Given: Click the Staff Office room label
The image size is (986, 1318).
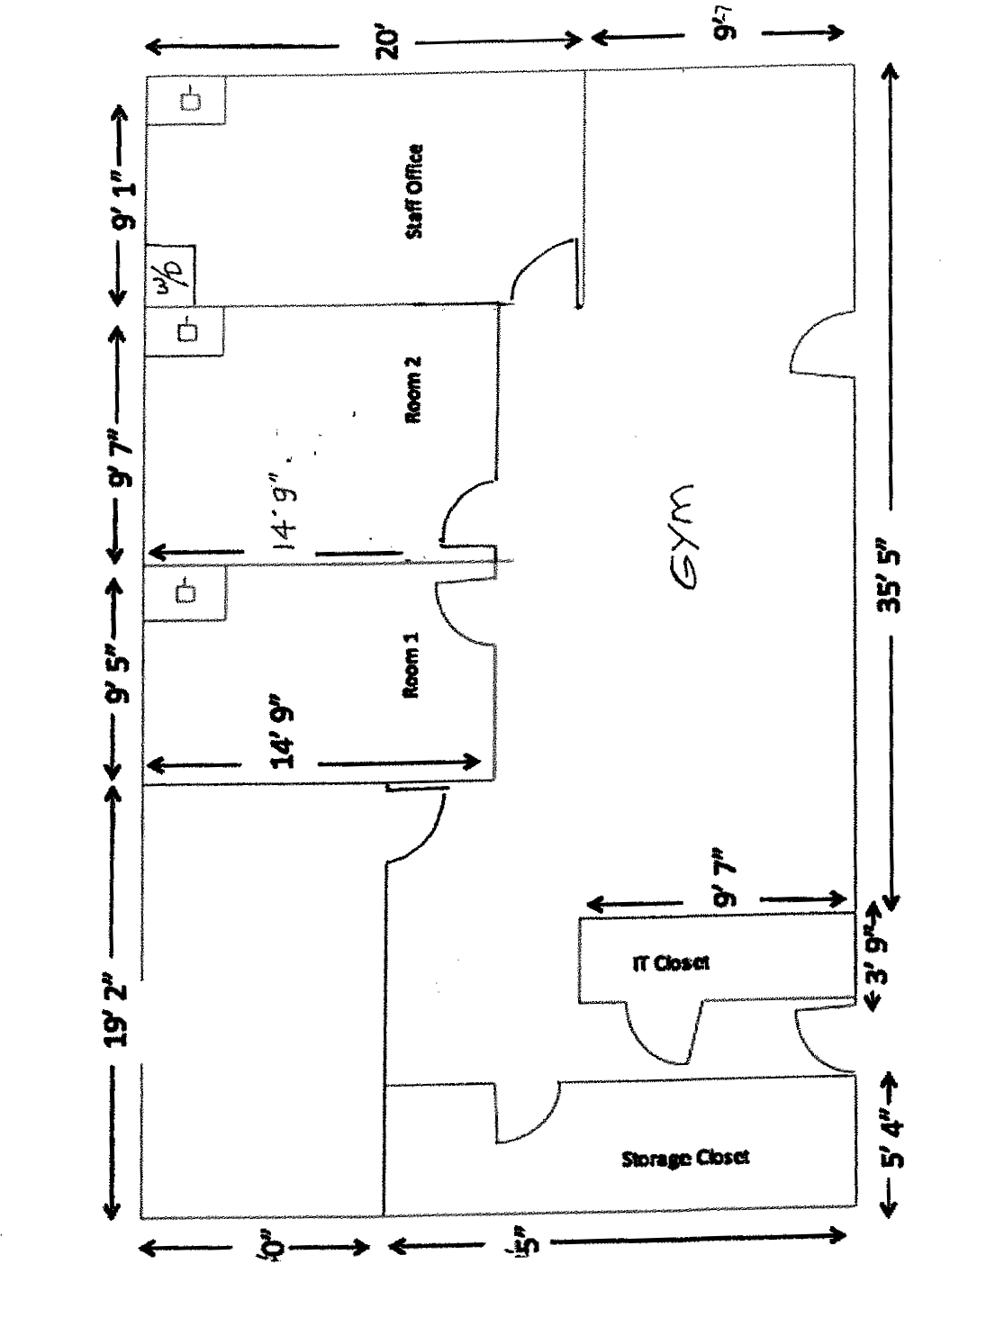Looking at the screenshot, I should click(414, 191).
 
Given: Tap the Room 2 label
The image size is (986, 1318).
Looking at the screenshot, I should click(413, 390).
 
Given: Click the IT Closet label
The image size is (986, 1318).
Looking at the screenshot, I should click(670, 962).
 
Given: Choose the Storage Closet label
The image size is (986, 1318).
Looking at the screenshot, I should click(684, 1158).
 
